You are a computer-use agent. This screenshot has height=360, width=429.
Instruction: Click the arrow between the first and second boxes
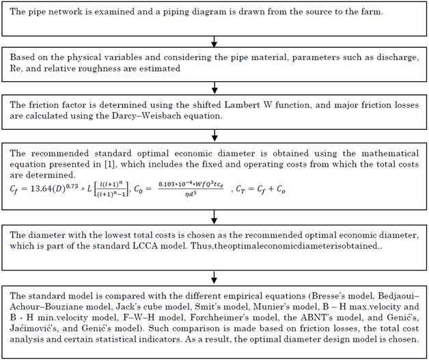point(214,42)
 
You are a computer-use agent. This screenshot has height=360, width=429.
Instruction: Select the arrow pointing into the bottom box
point(214,277)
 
